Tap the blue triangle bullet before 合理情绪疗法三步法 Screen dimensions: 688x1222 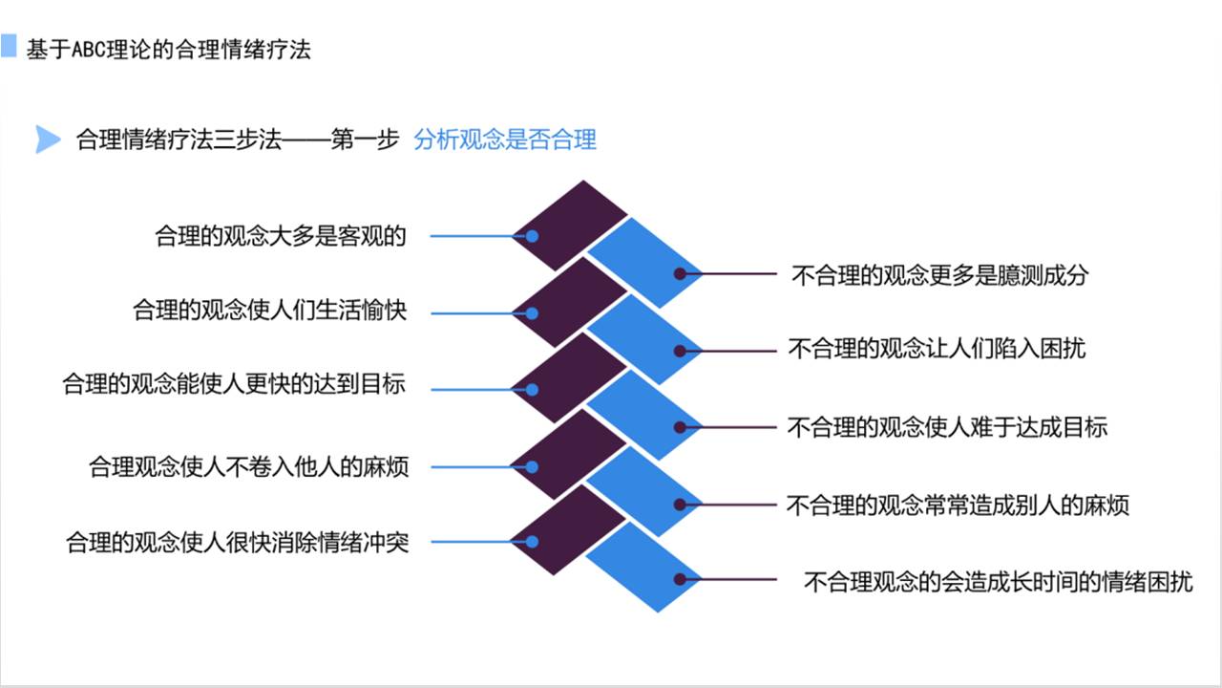click(47, 140)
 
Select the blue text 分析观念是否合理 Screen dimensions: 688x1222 click(505, 140)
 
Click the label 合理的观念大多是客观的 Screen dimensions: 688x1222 click(282, 236)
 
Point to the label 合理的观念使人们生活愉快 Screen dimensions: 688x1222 click(270, 312)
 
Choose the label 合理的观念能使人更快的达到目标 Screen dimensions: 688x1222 click(234, 384)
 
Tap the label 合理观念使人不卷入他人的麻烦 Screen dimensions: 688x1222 click(248, 467)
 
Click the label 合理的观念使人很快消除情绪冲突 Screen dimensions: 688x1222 click(237, 543)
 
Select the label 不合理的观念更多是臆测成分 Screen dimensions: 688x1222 click(940, 276)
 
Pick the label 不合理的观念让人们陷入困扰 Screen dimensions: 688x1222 click(938, 349)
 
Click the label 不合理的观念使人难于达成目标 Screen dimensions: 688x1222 click(947, 427)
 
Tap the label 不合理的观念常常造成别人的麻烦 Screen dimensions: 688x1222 click(958, 505)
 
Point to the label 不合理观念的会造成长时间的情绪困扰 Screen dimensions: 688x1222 click(999, 581)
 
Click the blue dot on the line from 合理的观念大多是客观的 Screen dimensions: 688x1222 click(533, 236)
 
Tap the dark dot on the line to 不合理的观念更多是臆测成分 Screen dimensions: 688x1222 click(680, 273)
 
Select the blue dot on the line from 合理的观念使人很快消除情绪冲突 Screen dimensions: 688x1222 click(533, 543)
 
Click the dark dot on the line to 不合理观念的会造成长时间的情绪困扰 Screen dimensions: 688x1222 click(680, 580)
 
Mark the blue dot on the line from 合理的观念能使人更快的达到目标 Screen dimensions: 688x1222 click(533, 390)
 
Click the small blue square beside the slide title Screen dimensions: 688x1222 click(9, 45)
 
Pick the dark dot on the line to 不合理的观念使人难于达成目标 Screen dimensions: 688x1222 click(680, 427)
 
